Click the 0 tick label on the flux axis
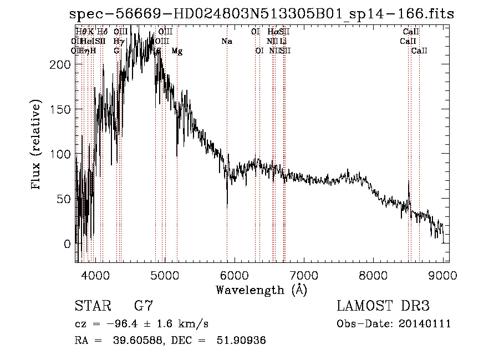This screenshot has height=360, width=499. [x=68, y=244]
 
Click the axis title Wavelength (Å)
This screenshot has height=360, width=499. [x=261, y=290]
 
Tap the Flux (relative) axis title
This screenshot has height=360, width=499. [x=37, y=145]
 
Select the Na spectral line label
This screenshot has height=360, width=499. [x=226, y=42]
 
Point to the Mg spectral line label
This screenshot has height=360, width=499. [x=177, y=51]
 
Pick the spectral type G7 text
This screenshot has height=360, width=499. [x=144, y=306]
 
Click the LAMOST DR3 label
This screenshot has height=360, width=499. [x=383, y=306]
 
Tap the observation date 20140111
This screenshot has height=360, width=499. [x=427, y=324]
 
